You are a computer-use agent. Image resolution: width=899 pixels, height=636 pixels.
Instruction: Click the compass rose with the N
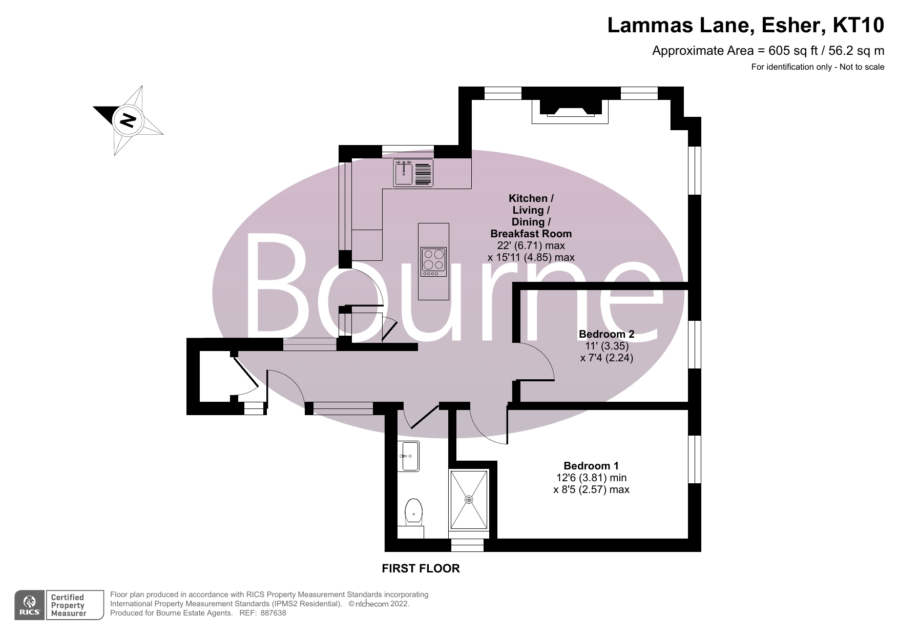128,120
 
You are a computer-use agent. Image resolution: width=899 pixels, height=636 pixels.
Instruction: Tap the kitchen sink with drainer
413,173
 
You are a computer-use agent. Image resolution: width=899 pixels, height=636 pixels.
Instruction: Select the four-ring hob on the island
433,259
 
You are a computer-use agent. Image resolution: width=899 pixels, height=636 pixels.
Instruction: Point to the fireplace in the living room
570,109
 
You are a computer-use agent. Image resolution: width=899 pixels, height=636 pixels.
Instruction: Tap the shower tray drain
469,499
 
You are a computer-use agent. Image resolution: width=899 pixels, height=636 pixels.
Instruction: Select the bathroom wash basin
409,456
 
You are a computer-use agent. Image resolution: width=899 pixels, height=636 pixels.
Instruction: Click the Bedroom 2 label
606,334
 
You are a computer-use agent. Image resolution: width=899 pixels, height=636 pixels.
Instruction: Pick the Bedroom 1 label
591,466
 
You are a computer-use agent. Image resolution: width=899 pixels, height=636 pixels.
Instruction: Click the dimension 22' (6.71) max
531,245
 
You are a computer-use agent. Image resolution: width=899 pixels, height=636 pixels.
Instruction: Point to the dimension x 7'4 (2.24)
606,358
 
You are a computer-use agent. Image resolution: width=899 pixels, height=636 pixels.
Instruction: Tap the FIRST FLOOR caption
421,568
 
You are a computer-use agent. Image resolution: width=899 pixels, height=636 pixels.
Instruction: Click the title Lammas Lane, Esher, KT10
745,25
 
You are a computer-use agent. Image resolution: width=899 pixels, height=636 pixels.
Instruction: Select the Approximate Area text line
767,51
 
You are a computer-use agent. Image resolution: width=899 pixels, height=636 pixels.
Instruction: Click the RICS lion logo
29,605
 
